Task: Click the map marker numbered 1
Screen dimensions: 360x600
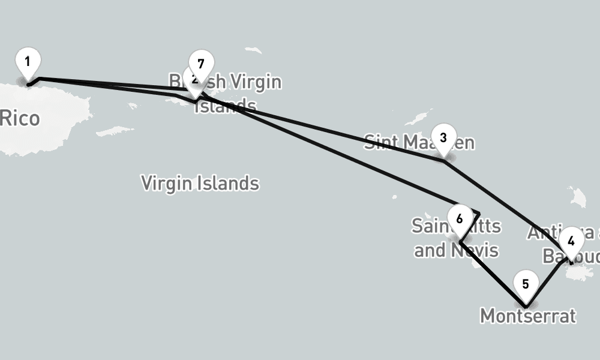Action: (28, 62)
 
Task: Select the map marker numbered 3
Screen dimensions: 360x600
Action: (443, 137)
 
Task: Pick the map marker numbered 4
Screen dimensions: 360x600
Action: (571, 241)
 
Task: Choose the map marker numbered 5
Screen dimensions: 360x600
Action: (526, 284)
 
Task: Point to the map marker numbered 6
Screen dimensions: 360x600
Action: (460, 218)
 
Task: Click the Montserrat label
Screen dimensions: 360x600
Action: (528, 316)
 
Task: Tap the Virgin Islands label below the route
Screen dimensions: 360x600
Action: (200, 182)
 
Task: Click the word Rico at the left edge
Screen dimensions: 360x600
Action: (20, 118)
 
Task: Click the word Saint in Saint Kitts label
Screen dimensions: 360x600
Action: (430, 226)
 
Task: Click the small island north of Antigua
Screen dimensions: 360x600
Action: (578, 196)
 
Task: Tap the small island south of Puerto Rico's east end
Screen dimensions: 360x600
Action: (114, 131)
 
